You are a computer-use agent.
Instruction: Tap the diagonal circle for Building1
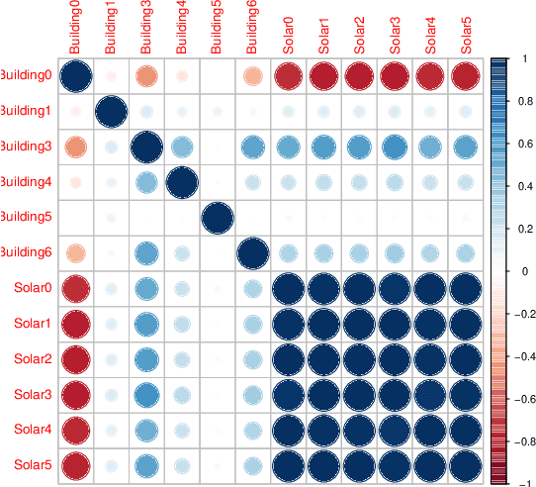[x=111, y=112]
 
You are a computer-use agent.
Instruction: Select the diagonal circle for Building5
[x=218, y=218]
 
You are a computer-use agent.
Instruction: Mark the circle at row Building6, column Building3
[x=146, y=253]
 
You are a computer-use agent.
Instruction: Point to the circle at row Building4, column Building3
[x=146, y=182]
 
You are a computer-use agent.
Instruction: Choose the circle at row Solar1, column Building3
[x=146, y=324]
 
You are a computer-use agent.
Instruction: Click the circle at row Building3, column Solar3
[x=396, y=147]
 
